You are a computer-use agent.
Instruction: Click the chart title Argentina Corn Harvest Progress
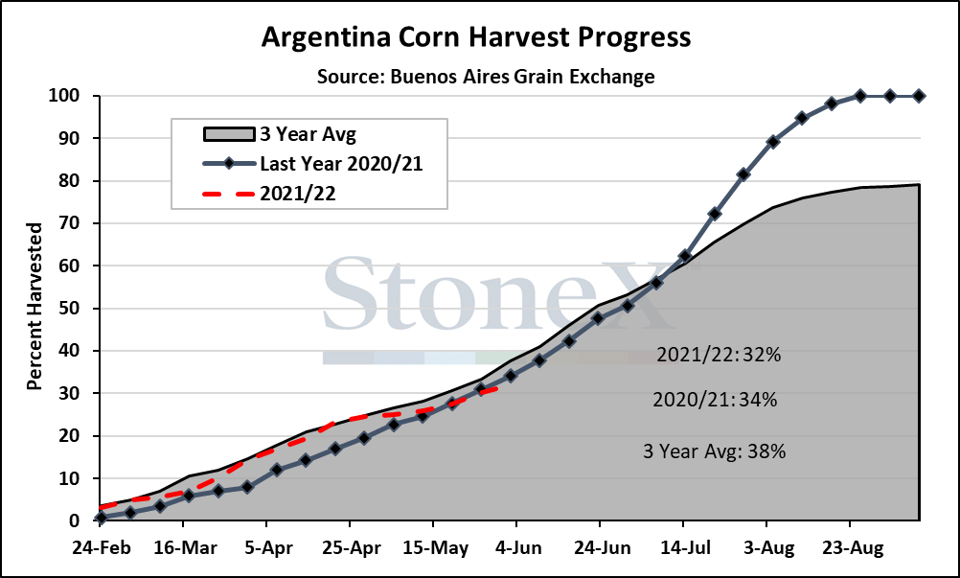tap(476, 36)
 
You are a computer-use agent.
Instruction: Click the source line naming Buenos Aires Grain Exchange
tap(486, 77)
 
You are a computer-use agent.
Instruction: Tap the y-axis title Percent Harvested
tap(34, 306)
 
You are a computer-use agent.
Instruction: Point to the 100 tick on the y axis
tap(69, 96)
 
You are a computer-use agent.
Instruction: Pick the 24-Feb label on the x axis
tap(102, 547)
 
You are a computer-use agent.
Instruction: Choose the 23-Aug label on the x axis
tap(850, 547)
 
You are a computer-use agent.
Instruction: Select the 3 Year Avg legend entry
tap(279, 134)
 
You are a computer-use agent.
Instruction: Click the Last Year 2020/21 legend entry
tap(312, 164)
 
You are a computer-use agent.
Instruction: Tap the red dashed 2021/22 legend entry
tap(269, 194)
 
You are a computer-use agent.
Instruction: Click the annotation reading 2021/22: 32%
tap(719, 355)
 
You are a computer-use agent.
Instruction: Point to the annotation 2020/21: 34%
tap(715, 400)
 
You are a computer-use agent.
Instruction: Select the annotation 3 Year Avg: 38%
tap(715, 451)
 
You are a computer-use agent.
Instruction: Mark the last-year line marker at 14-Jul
tap(685, 256)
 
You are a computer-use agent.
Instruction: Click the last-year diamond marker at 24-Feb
tap(102, 518)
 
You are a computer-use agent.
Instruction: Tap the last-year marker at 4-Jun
tap(511, 376)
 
